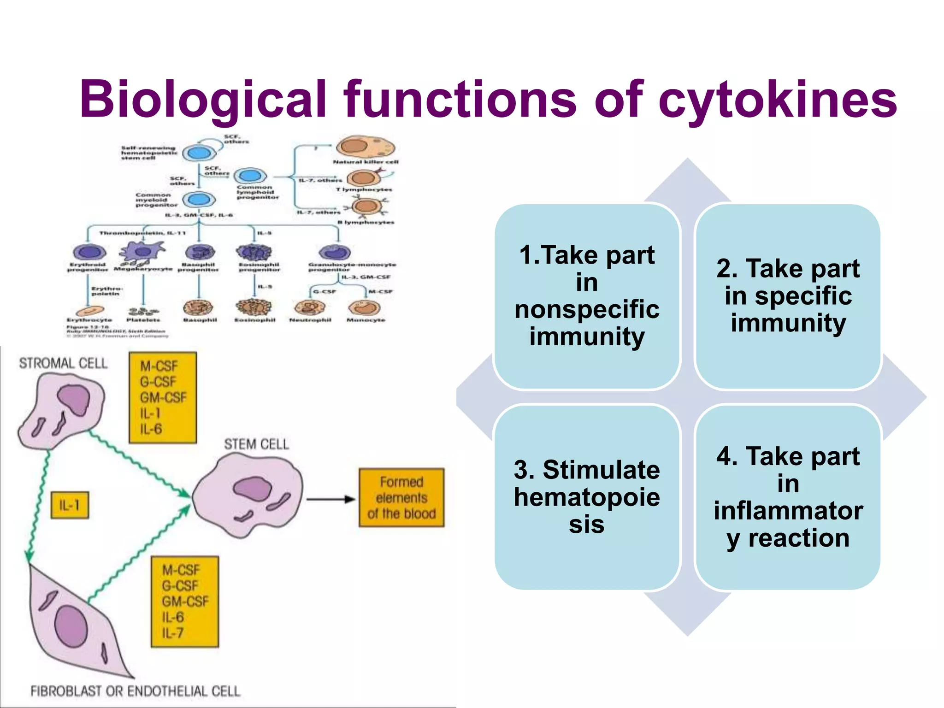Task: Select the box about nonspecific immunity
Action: (x=587, y=296)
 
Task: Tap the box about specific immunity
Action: (x=788, y=296)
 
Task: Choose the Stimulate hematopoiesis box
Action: (x=587, y=497)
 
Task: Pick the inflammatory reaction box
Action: (x=788, y=497)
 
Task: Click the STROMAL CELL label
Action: (x=63, y=363)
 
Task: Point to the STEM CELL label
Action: (x=256, y=444)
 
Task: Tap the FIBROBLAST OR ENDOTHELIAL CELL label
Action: (x=135, y=691)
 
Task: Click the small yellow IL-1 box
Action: (x=70, y=506)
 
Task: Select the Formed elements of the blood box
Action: (x=401, y=498)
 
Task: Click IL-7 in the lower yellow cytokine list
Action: (x=173, y=633)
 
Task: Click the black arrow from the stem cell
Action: (x=330, y=499)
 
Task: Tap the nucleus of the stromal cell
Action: (x=74, y=401)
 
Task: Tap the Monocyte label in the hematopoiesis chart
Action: (x=366, y=319)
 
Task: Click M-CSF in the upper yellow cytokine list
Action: (x=159, y=366)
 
